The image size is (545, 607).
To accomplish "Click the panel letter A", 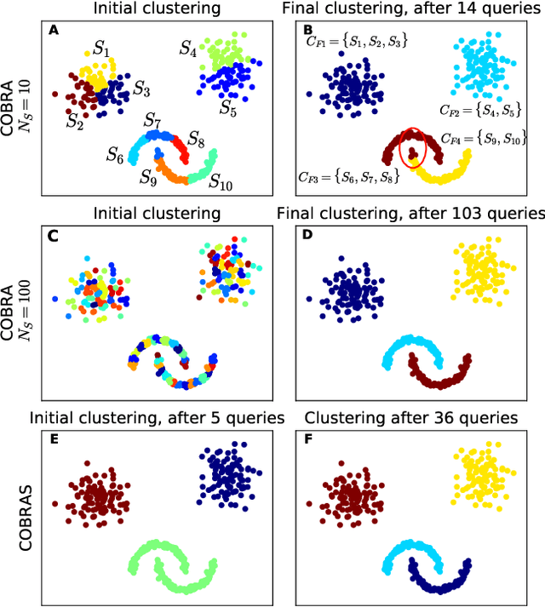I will pos(53,31).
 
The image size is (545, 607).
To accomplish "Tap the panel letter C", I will pos(53,238).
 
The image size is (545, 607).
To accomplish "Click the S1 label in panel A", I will pos(101,49).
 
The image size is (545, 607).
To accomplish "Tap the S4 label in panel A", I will pos(188,49).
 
